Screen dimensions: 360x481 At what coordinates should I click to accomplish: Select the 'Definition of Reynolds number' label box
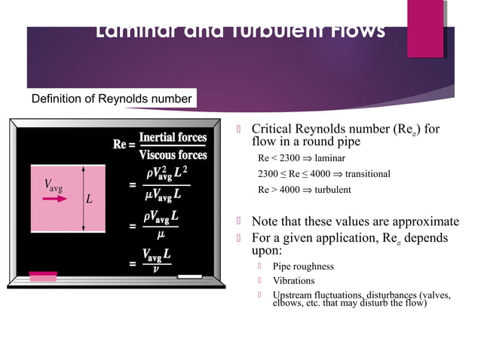(112, 99)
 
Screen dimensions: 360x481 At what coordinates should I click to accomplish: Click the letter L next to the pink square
(89, 200)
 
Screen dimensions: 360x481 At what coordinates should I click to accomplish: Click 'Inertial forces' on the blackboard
(173, 138)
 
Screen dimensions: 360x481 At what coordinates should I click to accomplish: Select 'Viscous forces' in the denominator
(173, 155)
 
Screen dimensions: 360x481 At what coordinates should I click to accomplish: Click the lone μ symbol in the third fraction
(159, 234)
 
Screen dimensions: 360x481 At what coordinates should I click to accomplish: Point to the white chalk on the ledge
(189, 276)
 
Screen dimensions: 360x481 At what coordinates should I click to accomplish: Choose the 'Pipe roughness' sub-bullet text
(303, 267)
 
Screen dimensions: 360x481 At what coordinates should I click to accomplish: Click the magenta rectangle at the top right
(425, 17)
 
